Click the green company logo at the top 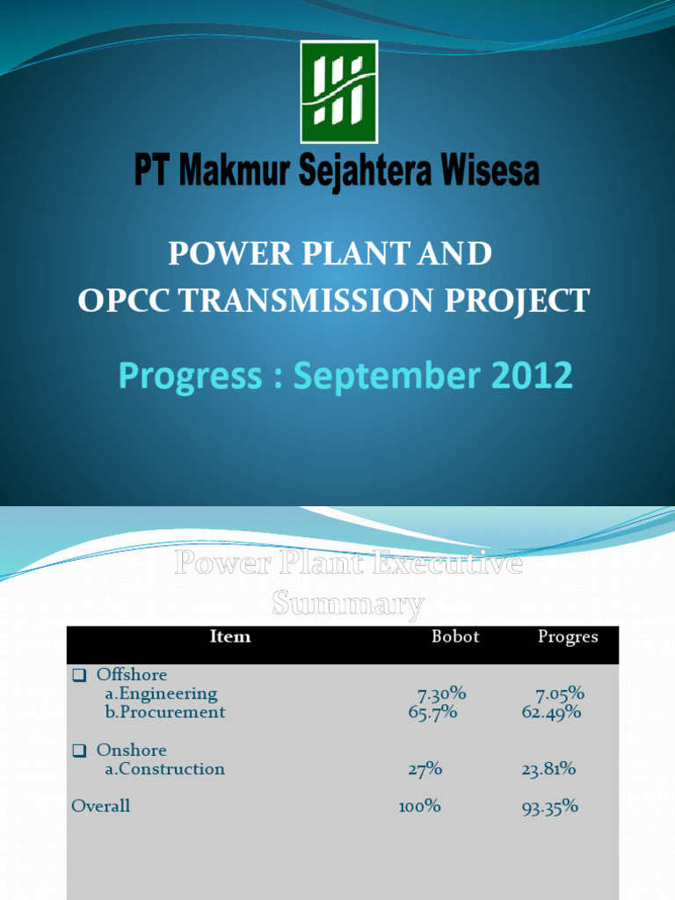click(x=338, y=91)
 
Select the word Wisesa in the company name click(x=489, y=171)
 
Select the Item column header click(x=230, y=637)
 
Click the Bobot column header click(x=455, y=637)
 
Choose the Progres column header click(x=568, y=637)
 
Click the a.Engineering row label click(x=161, y=694)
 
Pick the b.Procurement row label click(x=165, y=713)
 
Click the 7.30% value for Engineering click(x=441, y=694)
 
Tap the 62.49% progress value click(x=551, y=713)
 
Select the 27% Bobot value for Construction click(x=425, y=770)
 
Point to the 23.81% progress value click(x=548, y=770)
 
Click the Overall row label click(x=101, y=806)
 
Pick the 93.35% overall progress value click(x=550, y=807)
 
